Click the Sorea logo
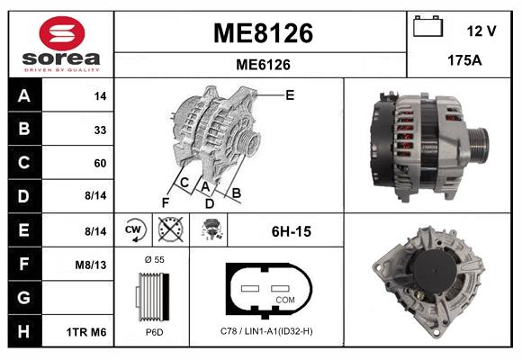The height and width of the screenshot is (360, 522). click(x=60, y=45)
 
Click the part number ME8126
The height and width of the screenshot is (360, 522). click(x=262, y=33)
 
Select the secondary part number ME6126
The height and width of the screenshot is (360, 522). click(x=262, y=64)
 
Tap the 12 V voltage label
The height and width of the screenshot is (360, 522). click(x=481, y=31)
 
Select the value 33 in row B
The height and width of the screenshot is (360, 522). click(x=100, y=130)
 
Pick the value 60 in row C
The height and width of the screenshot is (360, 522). click(x=100, y=163)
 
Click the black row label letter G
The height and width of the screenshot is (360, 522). click(x=23, y=298)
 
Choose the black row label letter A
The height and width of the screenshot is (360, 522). click(x=23, y=95)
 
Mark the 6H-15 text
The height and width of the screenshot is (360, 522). click(x=291, y=231)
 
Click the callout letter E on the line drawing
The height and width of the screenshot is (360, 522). click(x=290, y=94)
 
